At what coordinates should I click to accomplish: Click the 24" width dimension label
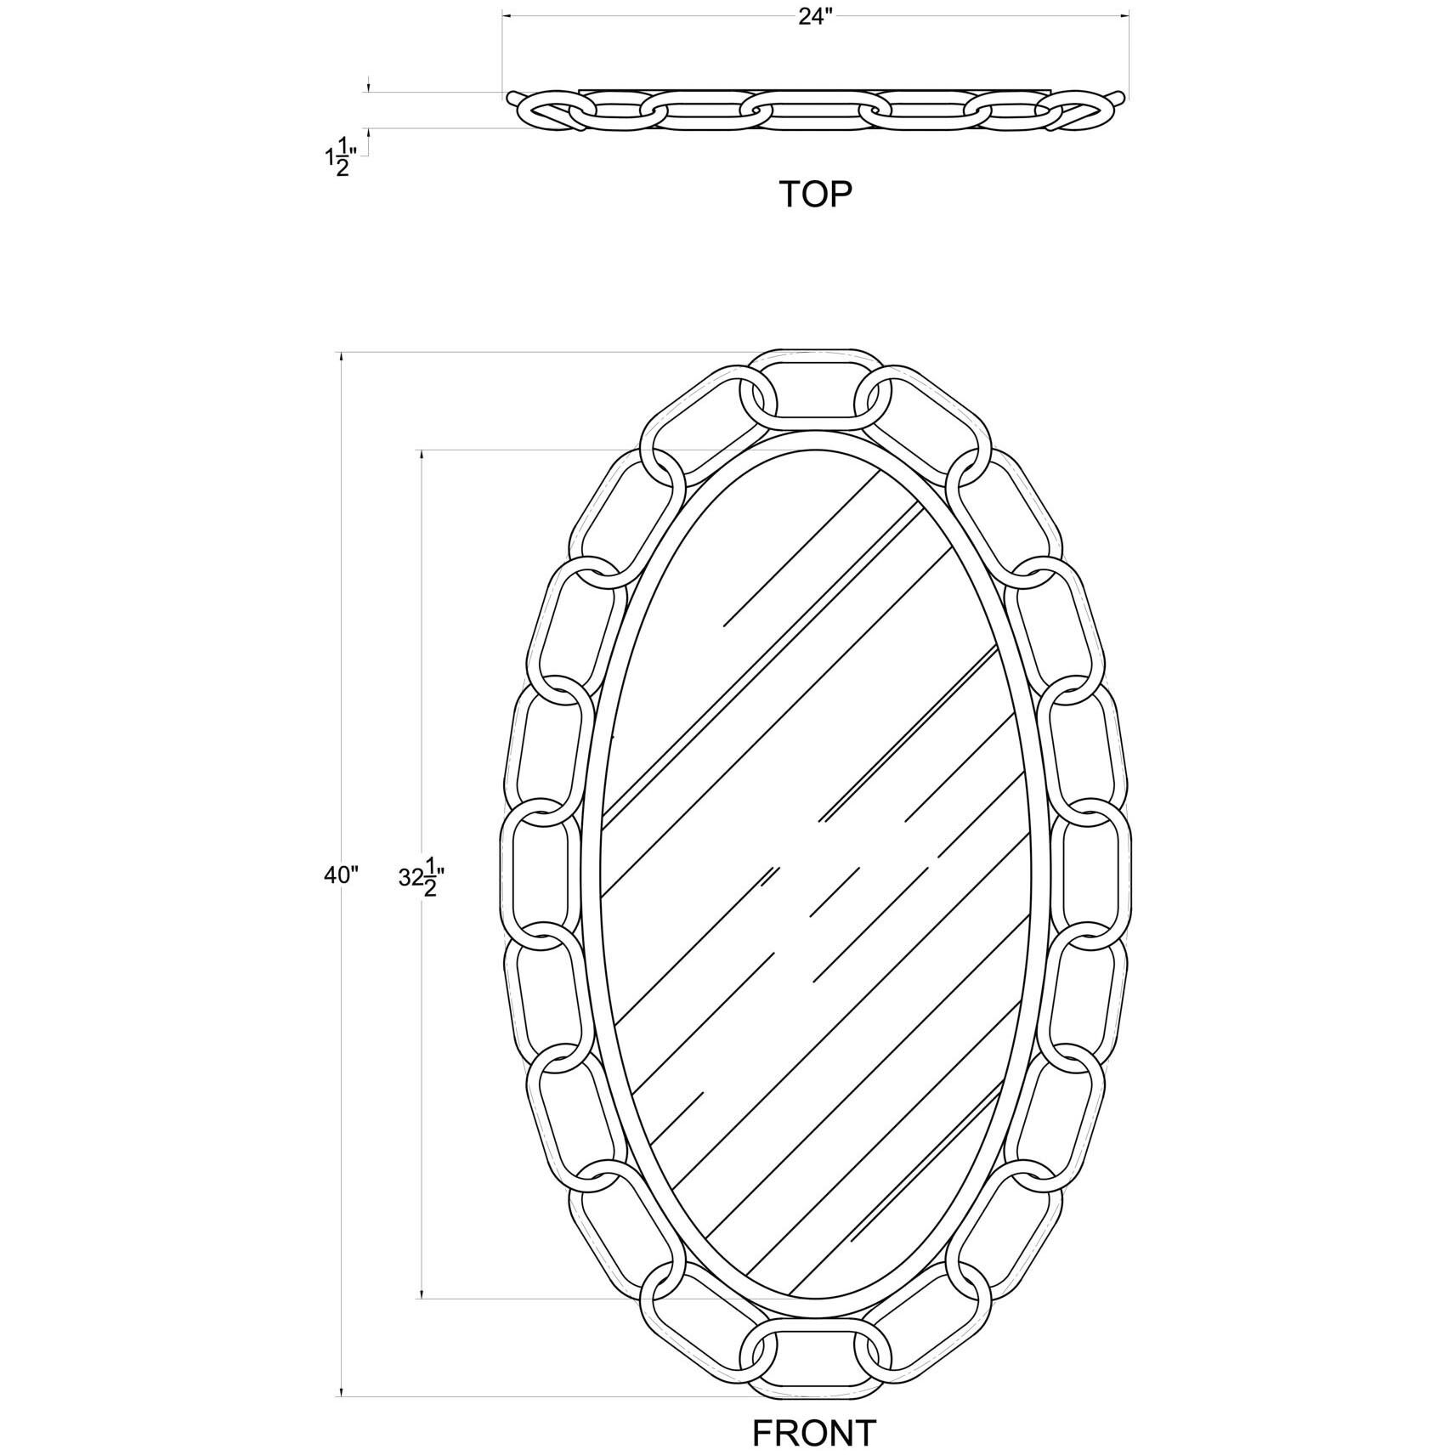coord(813,18)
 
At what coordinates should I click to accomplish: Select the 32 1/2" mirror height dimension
coord(422,877)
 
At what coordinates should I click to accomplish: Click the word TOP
coord(815,195)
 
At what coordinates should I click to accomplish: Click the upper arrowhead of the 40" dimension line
coord(342,359)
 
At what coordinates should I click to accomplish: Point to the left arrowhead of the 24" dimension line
coord(508,14)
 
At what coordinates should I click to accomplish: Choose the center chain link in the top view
coord(814,111)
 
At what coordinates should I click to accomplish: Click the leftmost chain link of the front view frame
coord(535,876)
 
